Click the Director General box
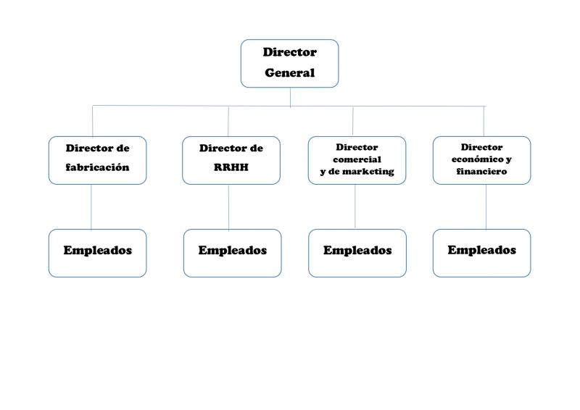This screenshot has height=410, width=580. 289,64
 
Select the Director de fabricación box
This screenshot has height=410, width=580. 98,161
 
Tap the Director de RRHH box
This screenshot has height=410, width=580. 231,161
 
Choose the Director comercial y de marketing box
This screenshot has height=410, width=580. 357,161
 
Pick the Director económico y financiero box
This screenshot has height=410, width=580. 481,161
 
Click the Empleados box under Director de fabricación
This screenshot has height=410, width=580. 98,254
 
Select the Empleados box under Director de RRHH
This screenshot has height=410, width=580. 232,254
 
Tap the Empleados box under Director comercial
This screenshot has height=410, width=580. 357,254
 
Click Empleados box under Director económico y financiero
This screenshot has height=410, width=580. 481,254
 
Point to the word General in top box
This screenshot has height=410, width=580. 289,73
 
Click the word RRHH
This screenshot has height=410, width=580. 231,167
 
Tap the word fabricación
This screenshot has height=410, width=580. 98,167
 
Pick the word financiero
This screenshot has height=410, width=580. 481,171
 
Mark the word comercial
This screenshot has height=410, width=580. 357,159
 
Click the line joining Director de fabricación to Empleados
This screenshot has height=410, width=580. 91,207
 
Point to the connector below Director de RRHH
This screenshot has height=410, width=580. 228,207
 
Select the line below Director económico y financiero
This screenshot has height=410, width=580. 486,207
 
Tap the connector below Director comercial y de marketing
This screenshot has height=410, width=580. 355,207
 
